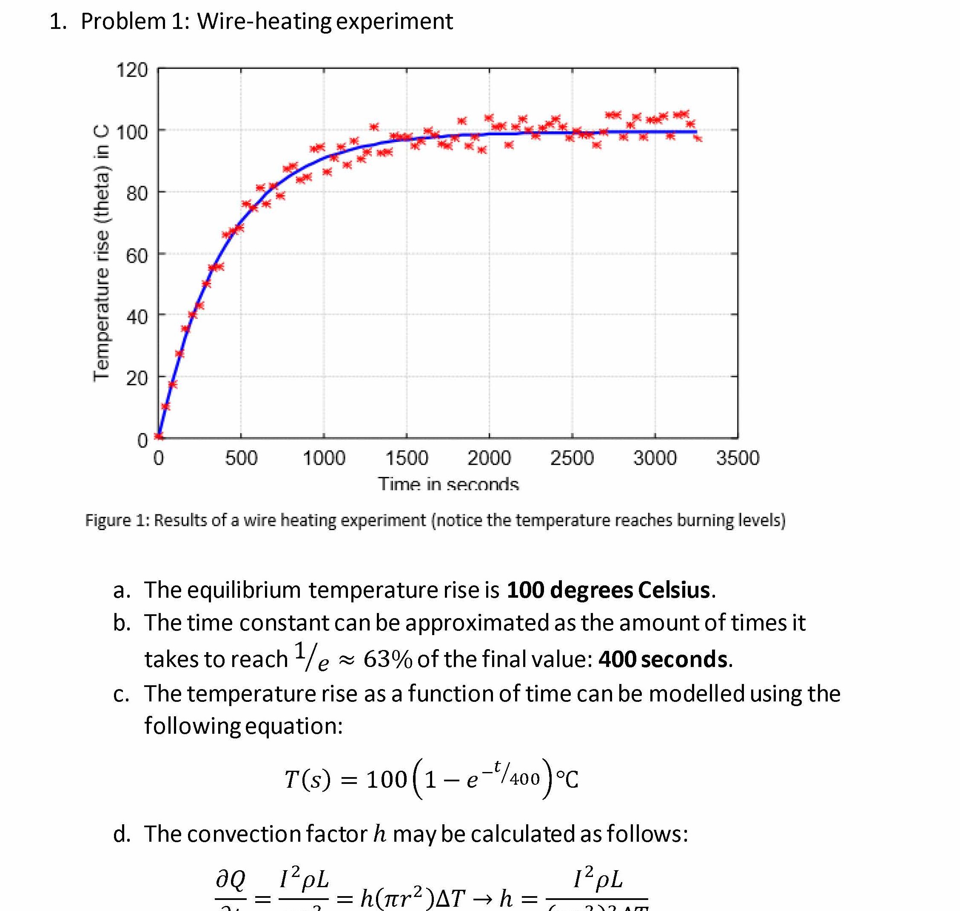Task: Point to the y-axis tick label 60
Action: click(x=137, y=255)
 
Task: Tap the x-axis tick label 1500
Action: click(x=406, y=458)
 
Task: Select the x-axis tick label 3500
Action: click(x=737, y=458)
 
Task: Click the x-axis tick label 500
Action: click(x=241, y=458)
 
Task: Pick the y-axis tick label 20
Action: click(x=137, y=378)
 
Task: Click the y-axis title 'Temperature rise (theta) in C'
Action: click(x=101, y=253)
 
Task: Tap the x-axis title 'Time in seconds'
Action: click(x=448, y=484)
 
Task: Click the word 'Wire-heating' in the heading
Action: click(x=264, y=21)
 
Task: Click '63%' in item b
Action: click(x=387, y=659)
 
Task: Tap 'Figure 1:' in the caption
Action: click(x=117, y=520)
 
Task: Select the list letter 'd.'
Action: click(x=122, y=834)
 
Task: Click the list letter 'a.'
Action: click(x=122, y=590)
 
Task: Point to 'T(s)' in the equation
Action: click(x=307, y=779)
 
